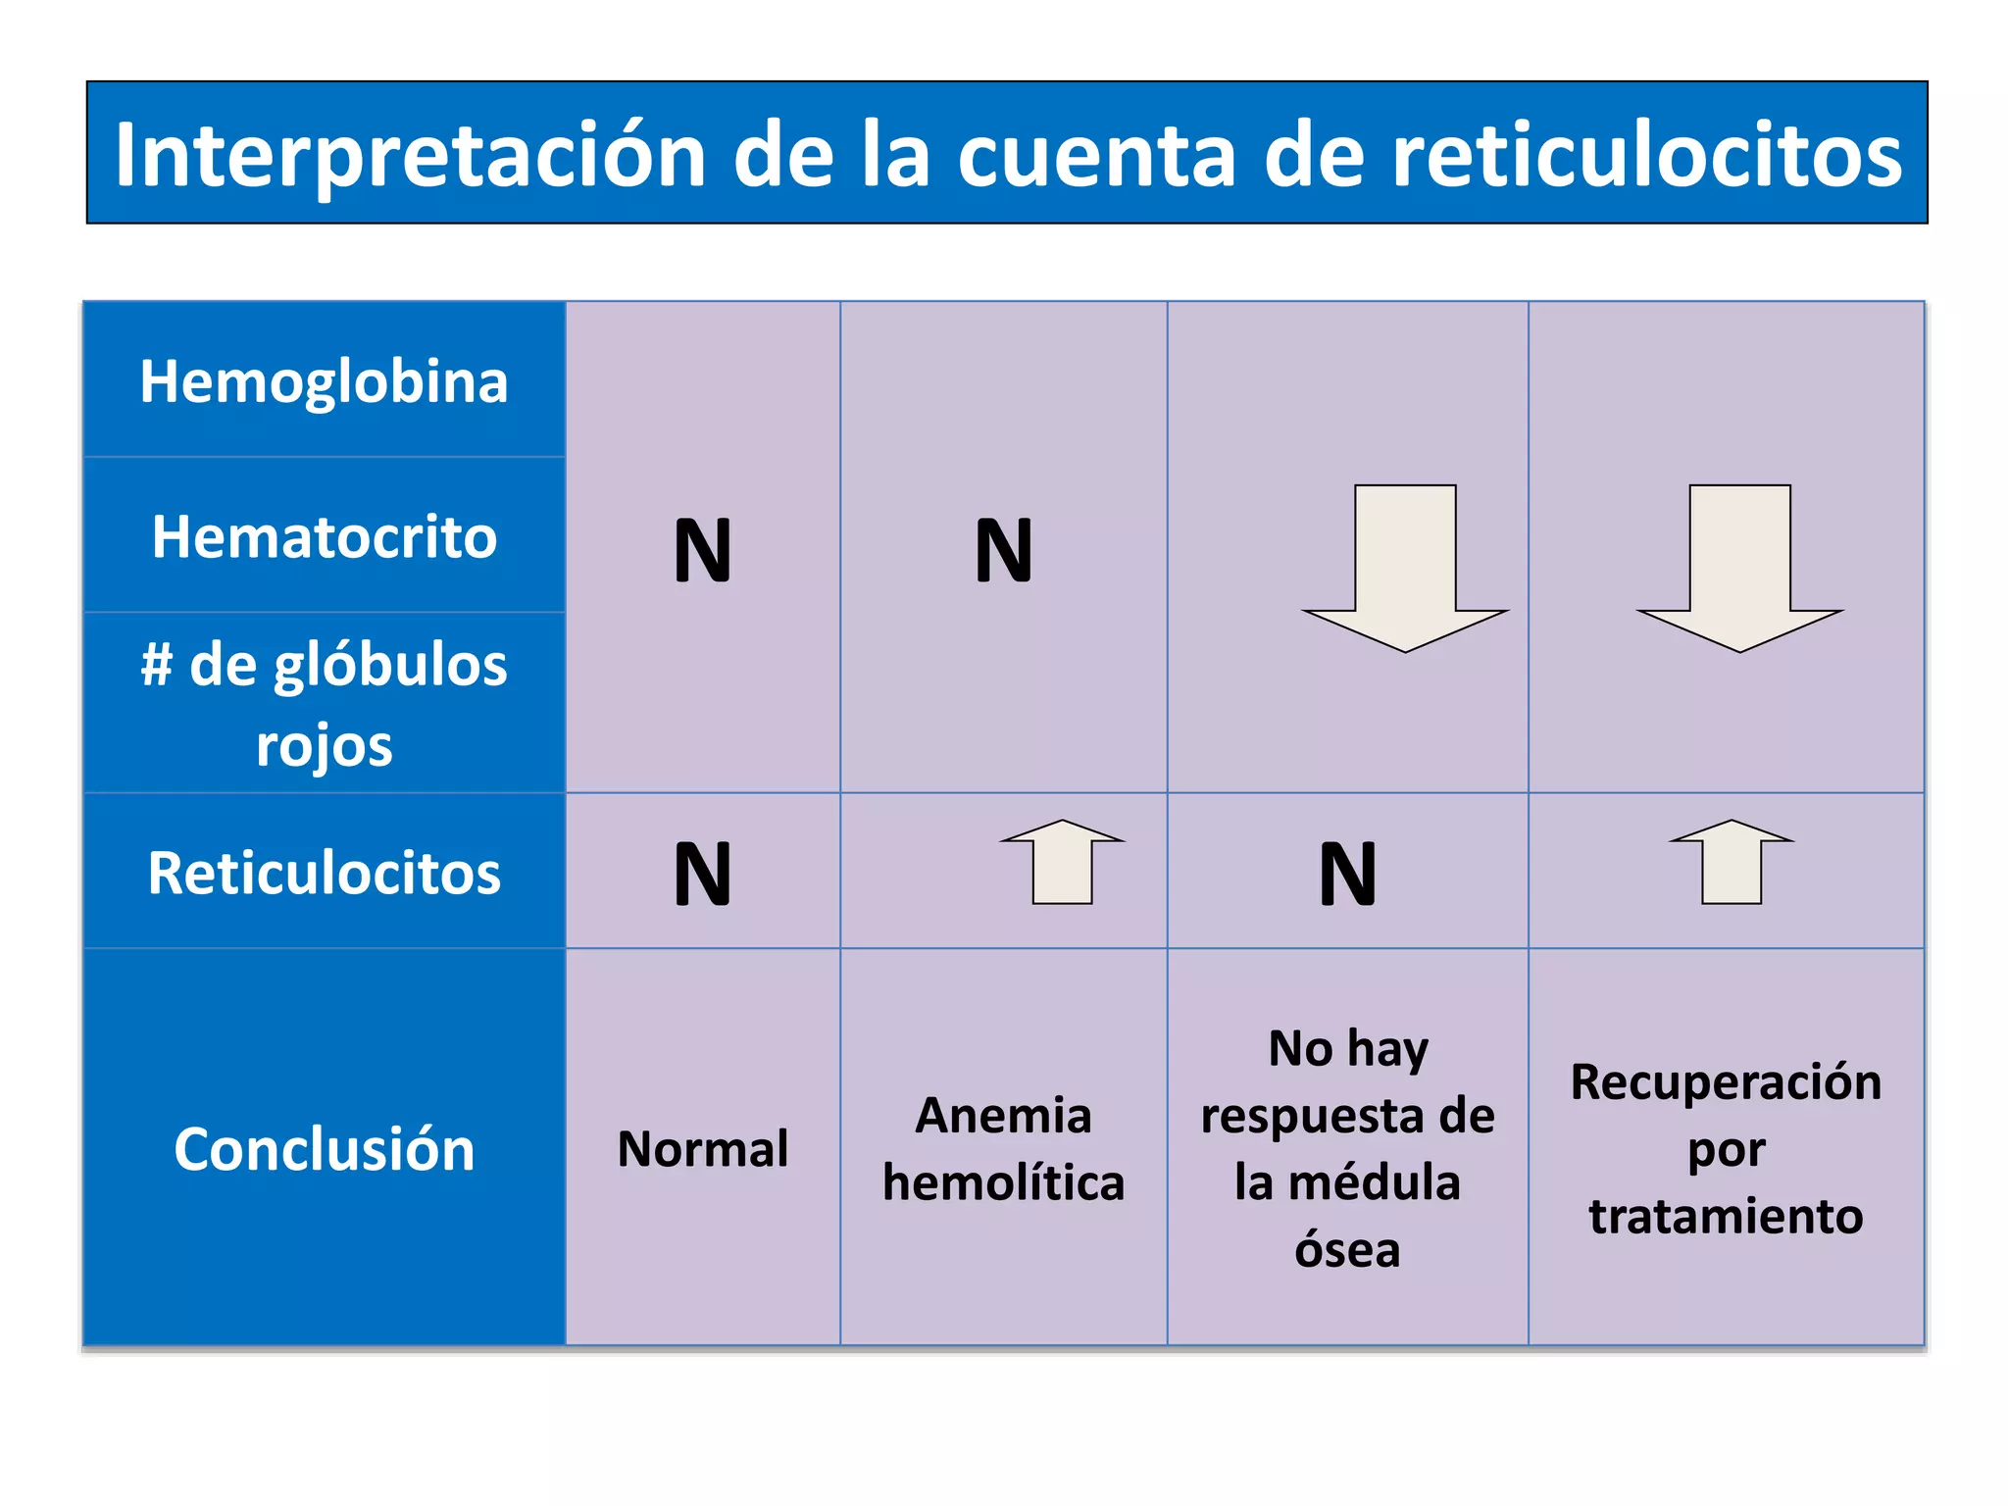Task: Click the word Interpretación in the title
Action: click(410, 155)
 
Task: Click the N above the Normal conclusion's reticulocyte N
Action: click(703, 550)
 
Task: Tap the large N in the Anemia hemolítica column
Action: click(1003, 550)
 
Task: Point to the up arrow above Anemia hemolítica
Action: click(1062, 862)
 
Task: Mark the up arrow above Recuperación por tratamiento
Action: click(1732, 862)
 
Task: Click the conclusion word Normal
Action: click(703, 1148)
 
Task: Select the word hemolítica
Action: click(1003, 1182)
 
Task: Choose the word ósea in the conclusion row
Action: click(1347, 1249)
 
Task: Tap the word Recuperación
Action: click(1726, 1081)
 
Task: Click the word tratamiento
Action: click(1726, 1216)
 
